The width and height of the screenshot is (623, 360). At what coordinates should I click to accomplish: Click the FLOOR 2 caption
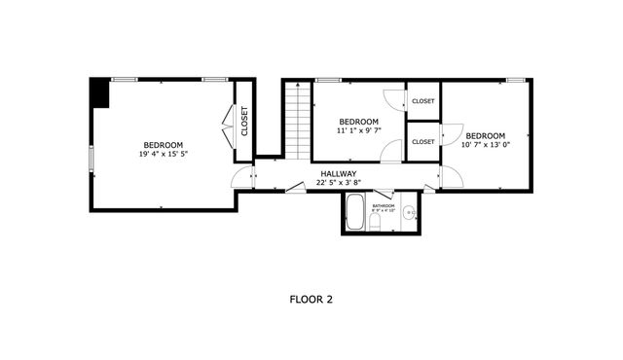click(311, 300)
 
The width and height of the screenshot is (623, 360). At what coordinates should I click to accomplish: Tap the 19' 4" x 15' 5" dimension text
click(162, 154)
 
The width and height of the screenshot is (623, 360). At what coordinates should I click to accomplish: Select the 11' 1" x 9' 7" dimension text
click(357, 130)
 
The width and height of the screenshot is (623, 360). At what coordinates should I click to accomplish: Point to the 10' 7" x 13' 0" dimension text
click(486, 144)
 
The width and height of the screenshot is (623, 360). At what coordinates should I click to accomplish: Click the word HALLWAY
click(339, 174)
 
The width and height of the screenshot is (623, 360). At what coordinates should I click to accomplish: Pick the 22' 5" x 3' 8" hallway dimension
click(339, 183)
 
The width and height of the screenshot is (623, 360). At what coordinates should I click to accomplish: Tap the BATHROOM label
click(383, 206)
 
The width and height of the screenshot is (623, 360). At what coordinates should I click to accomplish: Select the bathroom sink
click(410, 212)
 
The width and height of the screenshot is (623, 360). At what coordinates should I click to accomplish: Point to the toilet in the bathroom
click(376, 224)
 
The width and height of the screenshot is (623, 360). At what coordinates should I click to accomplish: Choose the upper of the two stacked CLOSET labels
click(422, 101)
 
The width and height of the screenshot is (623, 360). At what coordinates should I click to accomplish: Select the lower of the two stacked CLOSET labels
click(422, 142)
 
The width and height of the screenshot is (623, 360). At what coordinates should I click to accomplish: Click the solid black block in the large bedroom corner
click(99, 92)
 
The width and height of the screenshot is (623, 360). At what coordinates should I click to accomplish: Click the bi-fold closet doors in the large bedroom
click(230, 123)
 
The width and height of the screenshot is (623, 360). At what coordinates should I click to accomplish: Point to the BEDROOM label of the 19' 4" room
click(162, 144)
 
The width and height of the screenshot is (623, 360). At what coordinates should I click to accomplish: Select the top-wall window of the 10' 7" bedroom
click(515, 80)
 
